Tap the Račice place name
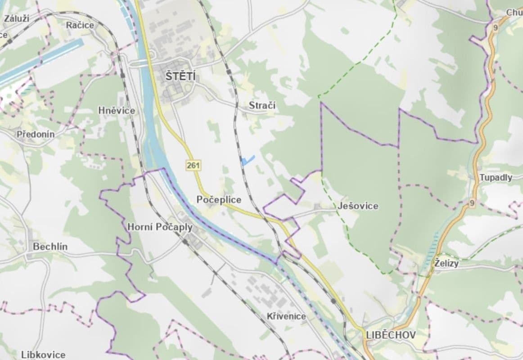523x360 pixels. [80, 25]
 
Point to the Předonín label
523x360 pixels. [36, 134]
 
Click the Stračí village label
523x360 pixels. [262, 105]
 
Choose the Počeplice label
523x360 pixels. [219, 200]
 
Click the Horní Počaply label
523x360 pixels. [160, 227]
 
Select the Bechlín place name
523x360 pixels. [50, 247]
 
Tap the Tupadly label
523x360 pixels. [496, 177]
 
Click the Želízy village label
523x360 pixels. [446, 263]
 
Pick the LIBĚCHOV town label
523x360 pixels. [391, 335]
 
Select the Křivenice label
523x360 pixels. [286, 316]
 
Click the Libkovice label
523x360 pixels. [43, 355]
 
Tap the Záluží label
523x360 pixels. [17, 18]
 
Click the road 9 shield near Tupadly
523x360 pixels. [471, 203]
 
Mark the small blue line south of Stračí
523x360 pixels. [248, 160]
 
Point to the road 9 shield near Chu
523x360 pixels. [496, 28]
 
